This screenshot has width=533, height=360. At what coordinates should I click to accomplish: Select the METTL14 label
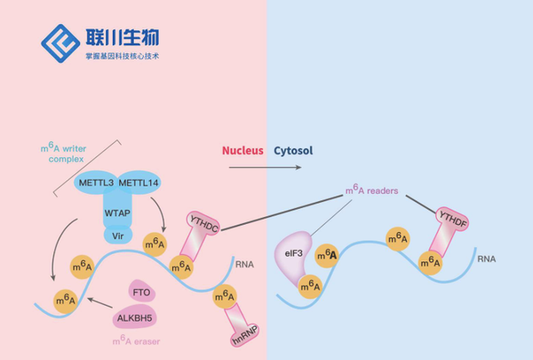tap(139, 183)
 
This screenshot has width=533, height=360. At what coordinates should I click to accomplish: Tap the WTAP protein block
tap(117, 213)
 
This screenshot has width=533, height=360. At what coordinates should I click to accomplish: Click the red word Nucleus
tap(243, 151)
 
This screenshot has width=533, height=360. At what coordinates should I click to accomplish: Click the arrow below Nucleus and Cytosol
tap(266, 165)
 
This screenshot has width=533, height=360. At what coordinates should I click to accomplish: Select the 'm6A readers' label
tap(372, 190)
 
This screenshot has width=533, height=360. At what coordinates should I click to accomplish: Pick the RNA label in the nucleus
tap(244, 264)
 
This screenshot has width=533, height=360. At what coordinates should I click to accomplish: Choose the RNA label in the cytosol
tap(487, 260)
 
